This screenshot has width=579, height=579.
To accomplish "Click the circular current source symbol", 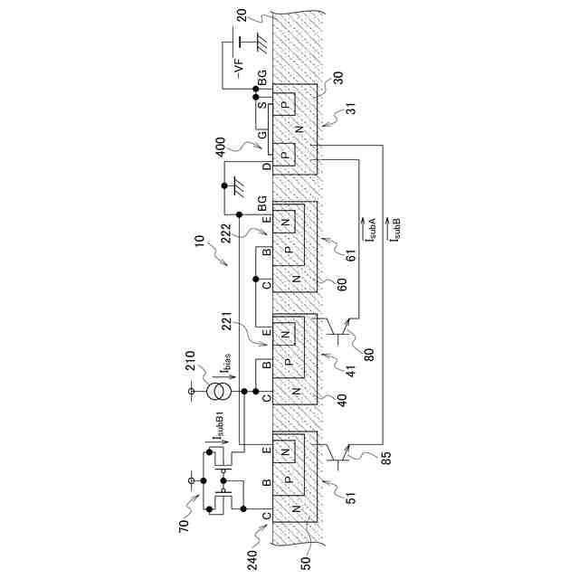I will (x=216, y=392).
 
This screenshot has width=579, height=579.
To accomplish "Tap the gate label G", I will (x=261, y=137).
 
